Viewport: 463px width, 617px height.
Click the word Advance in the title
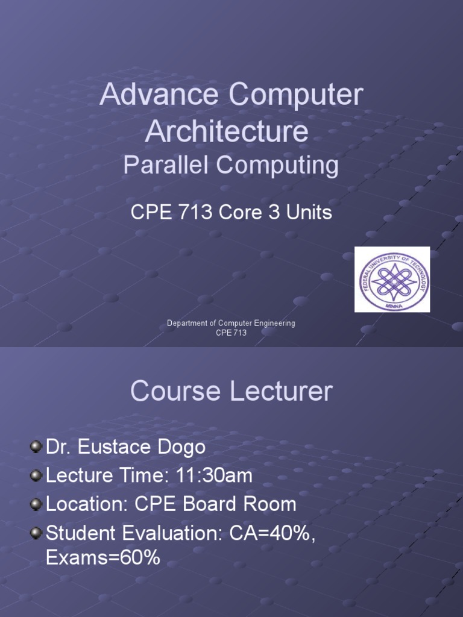159,95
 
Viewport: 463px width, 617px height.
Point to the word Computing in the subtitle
277,165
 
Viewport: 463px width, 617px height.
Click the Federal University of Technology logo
392,280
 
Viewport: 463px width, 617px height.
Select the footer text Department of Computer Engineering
231,324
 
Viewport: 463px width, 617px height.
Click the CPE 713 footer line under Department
231,333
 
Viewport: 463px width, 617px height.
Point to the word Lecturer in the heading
281,391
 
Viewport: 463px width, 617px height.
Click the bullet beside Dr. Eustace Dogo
36,446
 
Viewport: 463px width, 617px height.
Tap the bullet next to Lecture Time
36,475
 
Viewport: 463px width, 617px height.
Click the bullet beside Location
36,504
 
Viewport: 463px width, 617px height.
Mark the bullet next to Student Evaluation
36,533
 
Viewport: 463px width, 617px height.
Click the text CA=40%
272,534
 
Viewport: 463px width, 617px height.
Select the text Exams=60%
103,557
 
